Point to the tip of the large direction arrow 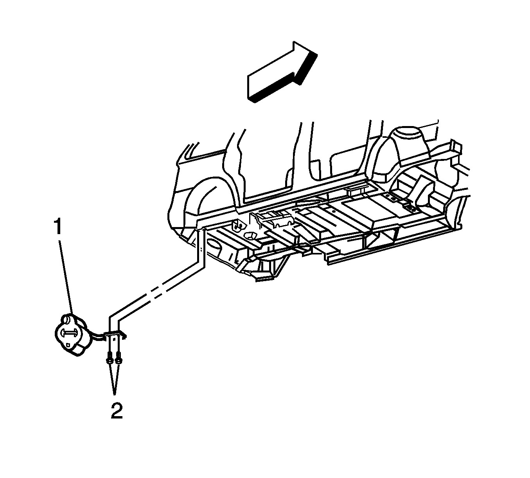click(317, 55)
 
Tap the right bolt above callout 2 click(118, 360)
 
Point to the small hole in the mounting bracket click(114, 339)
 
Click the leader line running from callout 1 click(66, 277)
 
